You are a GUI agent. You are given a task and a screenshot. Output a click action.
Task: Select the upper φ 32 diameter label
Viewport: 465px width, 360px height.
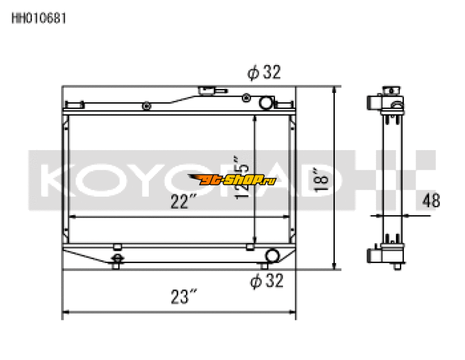point(264,73)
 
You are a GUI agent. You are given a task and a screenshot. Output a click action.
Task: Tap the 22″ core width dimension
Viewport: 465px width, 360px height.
point(182,202)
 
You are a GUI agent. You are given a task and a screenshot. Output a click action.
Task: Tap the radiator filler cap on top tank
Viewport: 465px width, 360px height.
point(207,91)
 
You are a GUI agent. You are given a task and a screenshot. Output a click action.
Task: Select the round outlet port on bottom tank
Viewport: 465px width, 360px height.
point(272,255)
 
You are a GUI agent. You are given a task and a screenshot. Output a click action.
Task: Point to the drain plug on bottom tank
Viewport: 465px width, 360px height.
point(117,259)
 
